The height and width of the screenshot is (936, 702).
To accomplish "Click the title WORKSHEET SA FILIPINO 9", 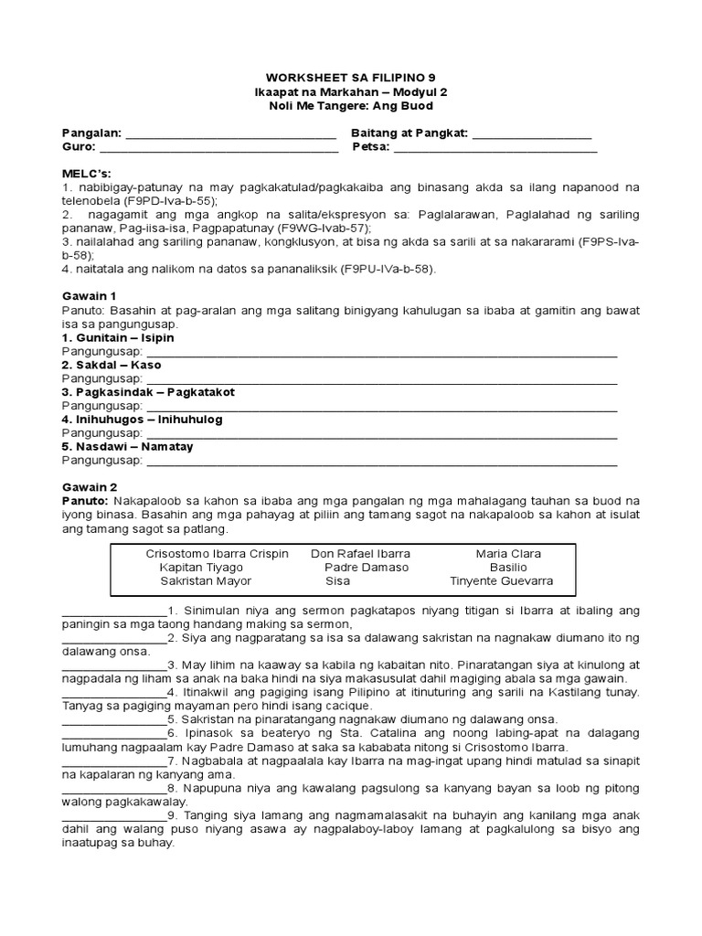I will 351,79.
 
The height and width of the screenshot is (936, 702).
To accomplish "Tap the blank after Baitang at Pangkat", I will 532,135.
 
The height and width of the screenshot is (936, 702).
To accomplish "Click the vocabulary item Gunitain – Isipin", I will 117,338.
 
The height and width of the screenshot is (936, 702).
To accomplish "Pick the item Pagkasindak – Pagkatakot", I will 147,392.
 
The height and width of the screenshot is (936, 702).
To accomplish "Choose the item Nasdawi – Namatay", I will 127,447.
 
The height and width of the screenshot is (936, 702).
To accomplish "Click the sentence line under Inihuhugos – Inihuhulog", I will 381,435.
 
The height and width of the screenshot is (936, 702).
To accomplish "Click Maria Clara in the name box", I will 508,554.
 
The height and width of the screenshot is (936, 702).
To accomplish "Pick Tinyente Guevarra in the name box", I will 501,581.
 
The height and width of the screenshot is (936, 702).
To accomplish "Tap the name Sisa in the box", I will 337,581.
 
